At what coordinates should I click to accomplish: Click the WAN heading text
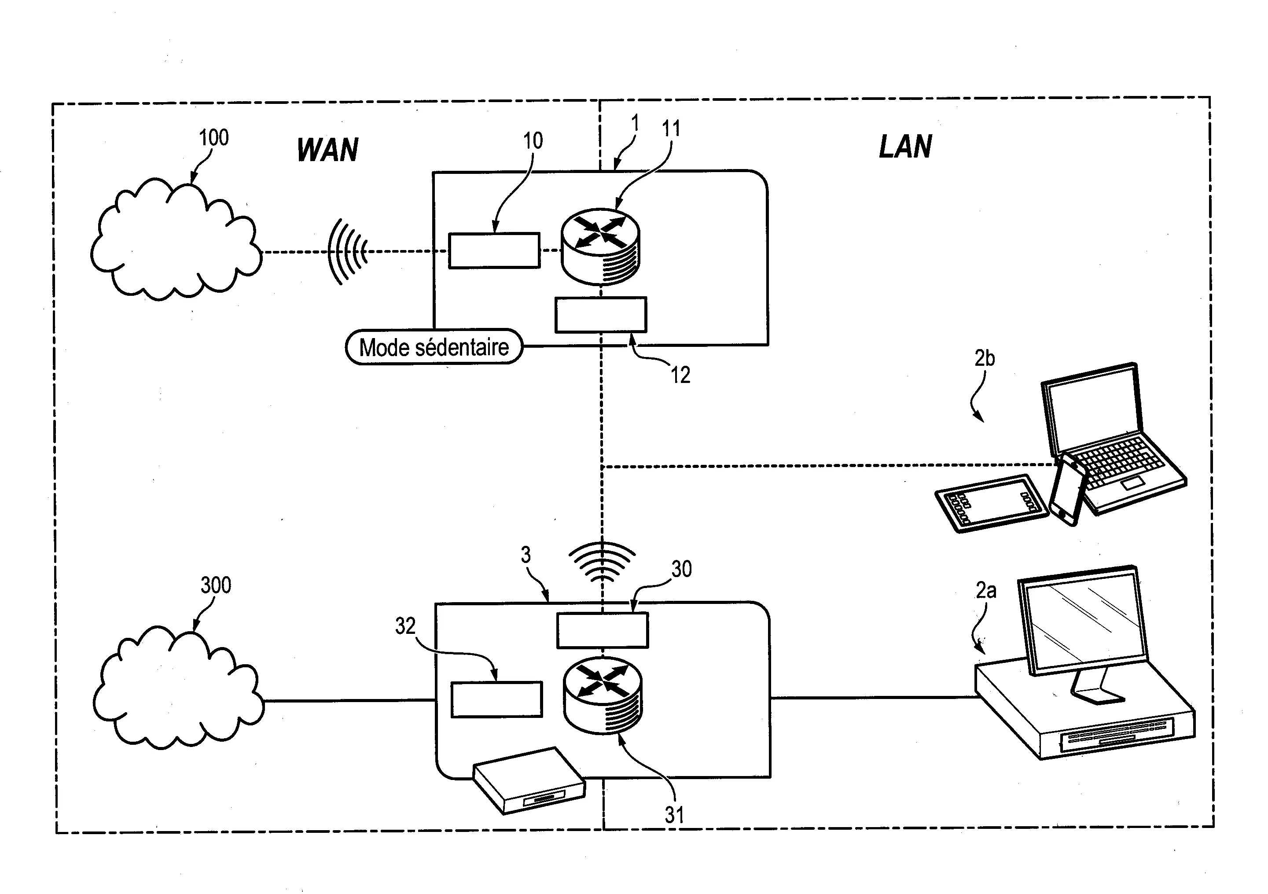point(327,150)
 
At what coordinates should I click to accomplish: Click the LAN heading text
point(905,147)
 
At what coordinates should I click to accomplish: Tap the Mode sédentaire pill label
point(434,347)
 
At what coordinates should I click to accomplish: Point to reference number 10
point(533,141)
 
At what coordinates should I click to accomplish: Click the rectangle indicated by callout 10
point(494,251)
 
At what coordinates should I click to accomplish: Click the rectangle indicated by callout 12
point(600,315)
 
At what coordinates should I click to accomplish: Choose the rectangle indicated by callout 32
point(496,699)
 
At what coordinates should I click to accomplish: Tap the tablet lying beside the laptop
point(991,503)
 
